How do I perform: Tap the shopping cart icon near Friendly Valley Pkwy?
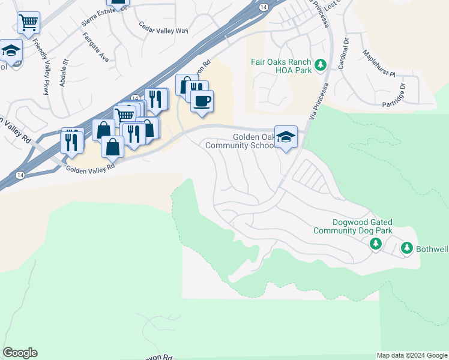pos(28,23)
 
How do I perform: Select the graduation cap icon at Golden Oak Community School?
pos(286,137)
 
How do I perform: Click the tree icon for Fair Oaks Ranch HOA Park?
pos(321,64)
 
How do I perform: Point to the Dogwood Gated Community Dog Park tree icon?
pos(376,243)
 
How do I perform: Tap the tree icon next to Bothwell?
pos(407,247)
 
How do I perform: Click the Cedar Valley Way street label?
pos(163,28)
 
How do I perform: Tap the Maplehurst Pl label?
pos(380,65)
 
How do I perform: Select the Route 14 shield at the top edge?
pos(264,7)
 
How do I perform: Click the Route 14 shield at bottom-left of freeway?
pos(20,175)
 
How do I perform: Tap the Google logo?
pos(20,353)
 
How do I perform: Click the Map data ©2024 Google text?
pos(412,355)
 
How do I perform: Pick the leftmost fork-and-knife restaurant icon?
pos(71,141)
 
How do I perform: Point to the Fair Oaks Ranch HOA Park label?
pos(281,66)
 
